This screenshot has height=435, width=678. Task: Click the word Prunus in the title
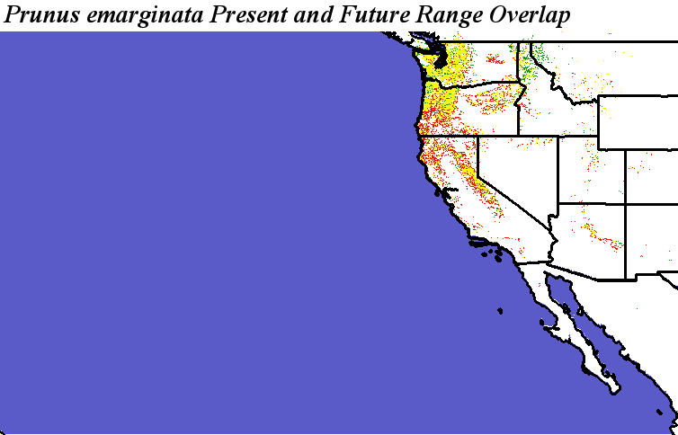pyautogui.click(x=41, y=14)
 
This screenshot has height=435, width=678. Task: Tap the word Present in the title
pyautogui.click(x=249, y=14)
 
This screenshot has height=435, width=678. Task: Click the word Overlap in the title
pyautogui.click(x=531, y=16)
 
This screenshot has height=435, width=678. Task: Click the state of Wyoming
pyautogui.click(x=638, y=122)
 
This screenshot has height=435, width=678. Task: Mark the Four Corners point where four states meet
pyautogui.click(x=626, y=203)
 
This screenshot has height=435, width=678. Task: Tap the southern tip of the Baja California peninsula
pyautogui.click(x=615, y=392)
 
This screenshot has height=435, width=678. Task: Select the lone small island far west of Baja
pyautogui.click(x=500, y=311)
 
